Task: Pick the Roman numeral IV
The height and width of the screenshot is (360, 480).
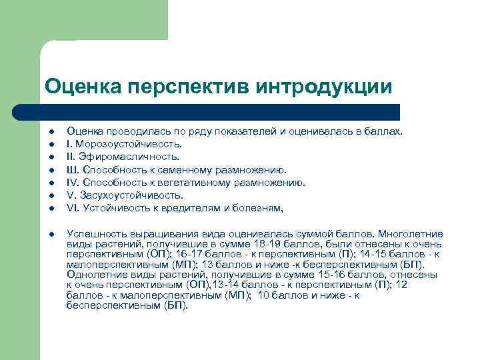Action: (x=73, y=183)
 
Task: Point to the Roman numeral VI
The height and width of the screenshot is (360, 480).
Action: (x=73, y=208)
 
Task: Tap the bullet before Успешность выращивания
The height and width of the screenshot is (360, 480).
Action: (x=51, y=235)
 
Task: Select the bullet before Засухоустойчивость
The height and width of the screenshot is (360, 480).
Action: (x=51, y=195)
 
